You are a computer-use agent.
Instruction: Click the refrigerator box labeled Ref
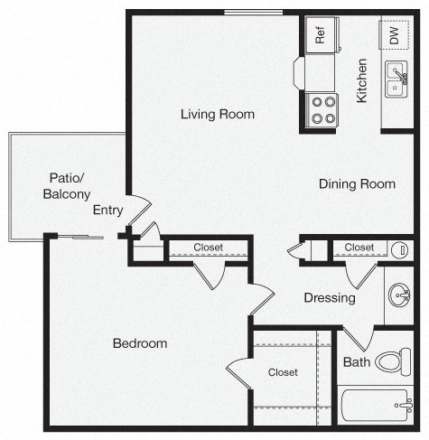tap(320, 35)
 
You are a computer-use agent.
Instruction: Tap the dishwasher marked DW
tap(394, 35)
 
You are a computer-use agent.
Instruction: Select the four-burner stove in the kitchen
tap(322, 109)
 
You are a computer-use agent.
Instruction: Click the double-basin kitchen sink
tap(396, 80)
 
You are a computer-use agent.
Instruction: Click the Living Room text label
tap(217, 115)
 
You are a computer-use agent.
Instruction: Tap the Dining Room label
tap(357, 184)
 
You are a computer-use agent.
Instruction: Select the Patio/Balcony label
tap(66, 186)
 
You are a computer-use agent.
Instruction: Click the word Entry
tap(108, 211)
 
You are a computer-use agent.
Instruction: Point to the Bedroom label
tap(140, 343)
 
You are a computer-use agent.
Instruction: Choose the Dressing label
tap(329, 298)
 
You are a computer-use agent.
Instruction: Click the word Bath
tap(356, 363)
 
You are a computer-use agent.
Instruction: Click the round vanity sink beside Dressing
tap(398, 295)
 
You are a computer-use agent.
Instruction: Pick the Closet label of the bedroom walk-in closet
tap(283, 372)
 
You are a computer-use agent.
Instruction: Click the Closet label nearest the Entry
tap(208, 248)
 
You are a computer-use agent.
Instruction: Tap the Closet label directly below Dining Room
tap(359, 248)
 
